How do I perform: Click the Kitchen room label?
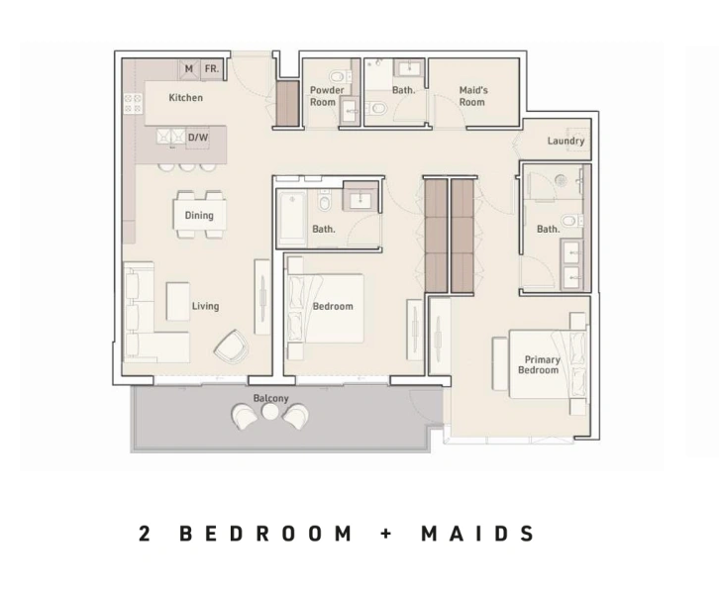coord(185,98)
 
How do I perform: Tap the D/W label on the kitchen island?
coord(198,139)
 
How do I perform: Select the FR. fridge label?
coord(212,69)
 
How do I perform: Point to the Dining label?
coord(199,216)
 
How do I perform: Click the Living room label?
coord(205,307)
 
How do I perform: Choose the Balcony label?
coord(270,398)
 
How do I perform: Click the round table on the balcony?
coord(270,412)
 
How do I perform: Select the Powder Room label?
coord(327,96)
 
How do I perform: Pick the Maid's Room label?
coord(472,96)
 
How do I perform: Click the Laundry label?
coord(565,142)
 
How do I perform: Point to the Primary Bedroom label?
coord(540,365)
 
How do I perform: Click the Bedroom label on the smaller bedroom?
coord(333,307)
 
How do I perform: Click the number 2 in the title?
coord(146,534)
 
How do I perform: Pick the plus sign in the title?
coord(386,534)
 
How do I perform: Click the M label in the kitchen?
coord(188,69)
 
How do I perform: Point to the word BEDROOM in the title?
coord(265,534)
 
